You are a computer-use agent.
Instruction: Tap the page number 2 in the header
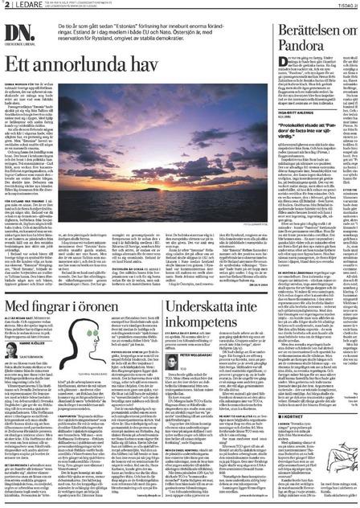coord(4,5)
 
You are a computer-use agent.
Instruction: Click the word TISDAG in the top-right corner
coord(347,5)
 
